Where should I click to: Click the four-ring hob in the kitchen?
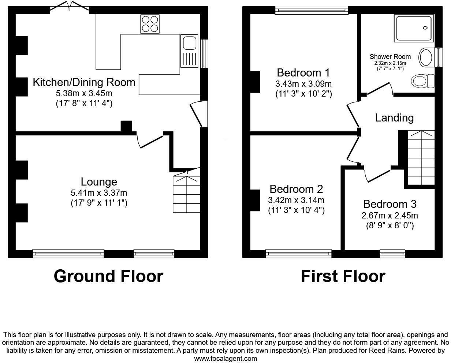click(150, 24)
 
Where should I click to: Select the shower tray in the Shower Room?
click(414, 28)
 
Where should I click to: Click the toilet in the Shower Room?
click(423, 81)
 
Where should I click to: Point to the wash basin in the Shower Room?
click(426, 57)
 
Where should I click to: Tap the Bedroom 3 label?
click(389, 204)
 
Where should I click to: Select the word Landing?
click(394, 118)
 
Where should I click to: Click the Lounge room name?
click(99, 181)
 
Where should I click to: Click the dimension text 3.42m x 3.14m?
click(296, 200)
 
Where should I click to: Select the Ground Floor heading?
click(108, 276)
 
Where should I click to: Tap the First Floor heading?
click(343, 276)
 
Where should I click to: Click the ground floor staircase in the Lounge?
click(187, 194)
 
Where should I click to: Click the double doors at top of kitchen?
click(69, 6)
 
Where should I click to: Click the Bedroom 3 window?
click(392, 252)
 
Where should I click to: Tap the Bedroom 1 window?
click(312, 11)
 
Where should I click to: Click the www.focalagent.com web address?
click(225, 359)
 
